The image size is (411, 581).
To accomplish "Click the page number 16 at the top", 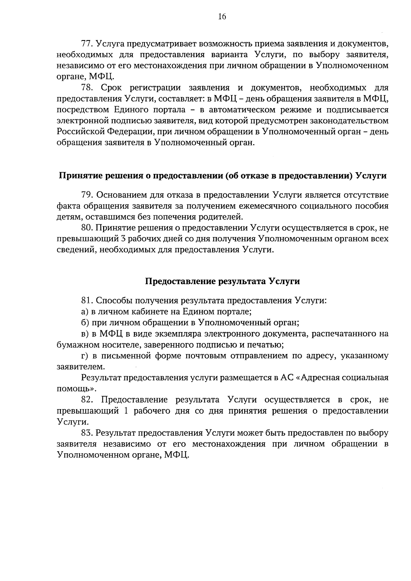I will [x=222, y=17].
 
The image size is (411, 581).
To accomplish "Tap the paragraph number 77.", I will [x=87, y=44].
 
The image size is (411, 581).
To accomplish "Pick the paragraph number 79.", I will [x=87, y=195].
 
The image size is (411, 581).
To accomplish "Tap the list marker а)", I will [x=85, y=312].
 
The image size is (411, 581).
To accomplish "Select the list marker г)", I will [x=85, y=356].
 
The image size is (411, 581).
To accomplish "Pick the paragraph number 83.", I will [x=87, y=433].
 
